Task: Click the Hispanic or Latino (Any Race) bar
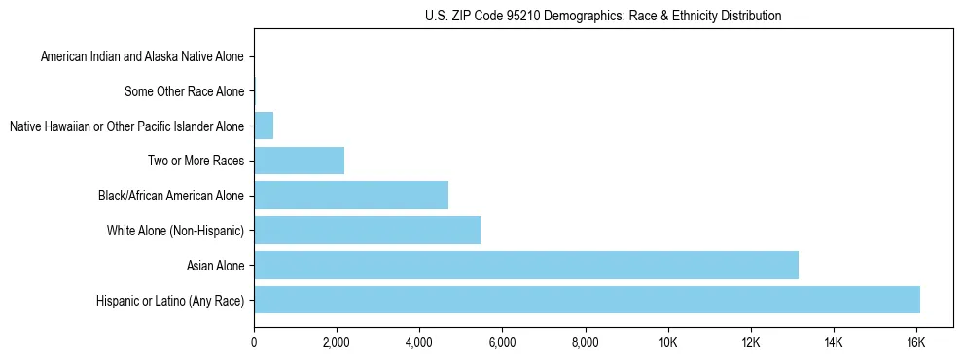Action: click(x=587, y=300)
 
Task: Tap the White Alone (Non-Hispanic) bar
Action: click(x=367, y=231)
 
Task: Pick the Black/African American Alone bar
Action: click(x=351, y=196)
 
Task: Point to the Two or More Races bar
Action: click(x=299, y=161)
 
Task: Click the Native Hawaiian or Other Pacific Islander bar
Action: click(x=264, y=126)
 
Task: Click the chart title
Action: click(x=603, y=16)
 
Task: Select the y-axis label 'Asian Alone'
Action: click(x=216, y=266)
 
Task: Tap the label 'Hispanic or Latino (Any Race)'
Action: click(x=171, y=301)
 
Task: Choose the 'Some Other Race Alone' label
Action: click(x=184, y=91)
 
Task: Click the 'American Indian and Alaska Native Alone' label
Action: click(x=142, y=57)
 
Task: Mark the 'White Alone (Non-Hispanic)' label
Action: click(x=175, y=231)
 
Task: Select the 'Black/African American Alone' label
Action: click(x=171, y=196)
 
